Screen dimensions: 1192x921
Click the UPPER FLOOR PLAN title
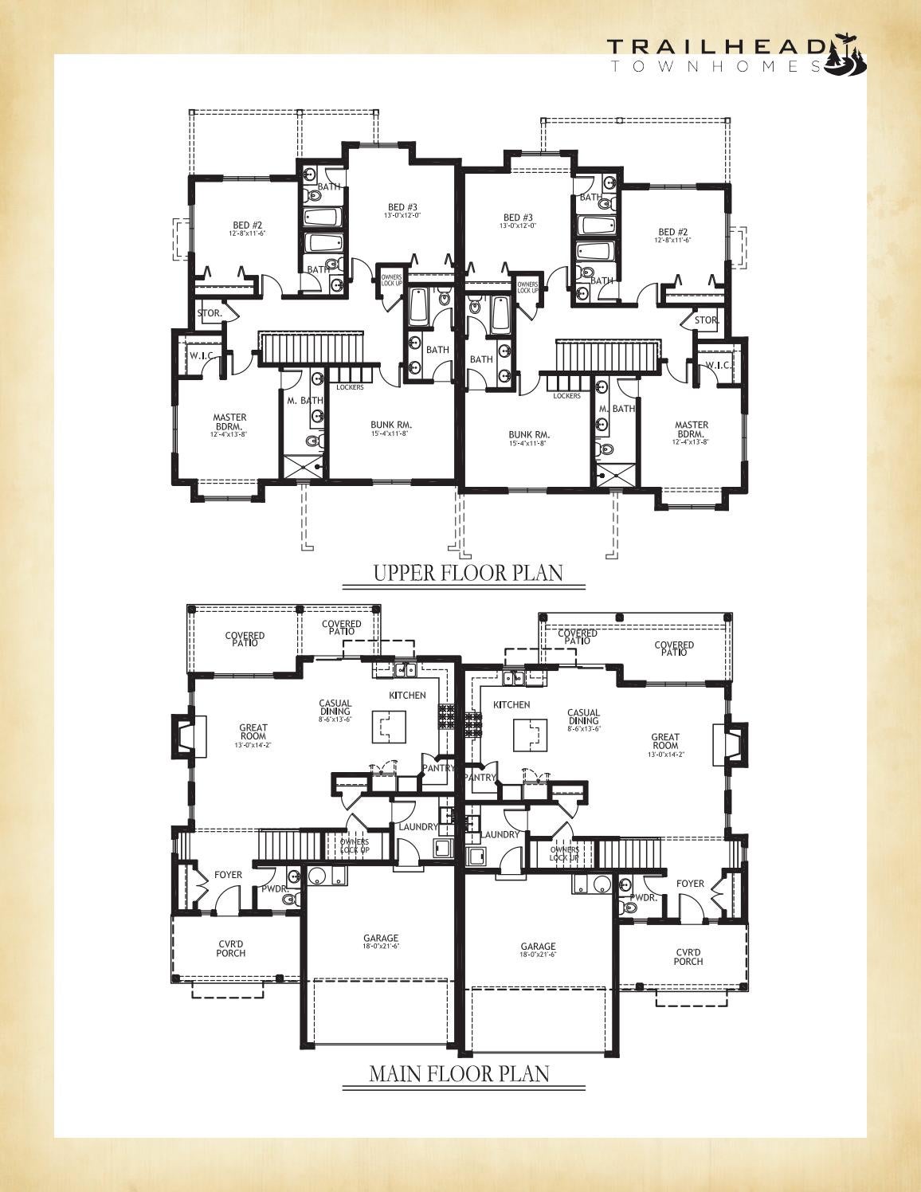tap(468, 573)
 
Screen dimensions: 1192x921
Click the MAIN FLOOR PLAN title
tap(459, 1073)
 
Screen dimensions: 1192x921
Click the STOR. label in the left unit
tap(210, 314)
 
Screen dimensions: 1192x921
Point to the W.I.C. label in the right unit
tap(718, 366)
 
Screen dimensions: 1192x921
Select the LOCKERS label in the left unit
tap(351, 388)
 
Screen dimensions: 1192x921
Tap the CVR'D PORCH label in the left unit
tap(231, 948)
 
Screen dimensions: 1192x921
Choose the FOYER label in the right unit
tap(690, 884)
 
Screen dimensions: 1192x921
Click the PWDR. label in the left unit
tap(273, 889)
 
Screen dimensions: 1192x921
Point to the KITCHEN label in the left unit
tap(407, 696)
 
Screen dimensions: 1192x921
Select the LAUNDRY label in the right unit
tap(500, 834)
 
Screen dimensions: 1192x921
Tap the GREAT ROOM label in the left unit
tap(253, 731)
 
